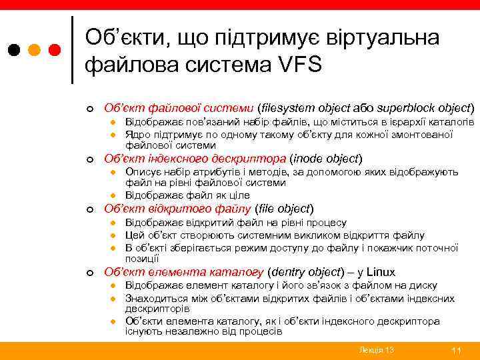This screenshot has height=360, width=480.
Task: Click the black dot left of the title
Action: click(x=13, y=50)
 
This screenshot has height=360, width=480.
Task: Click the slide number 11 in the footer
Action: click(x=457, y=350)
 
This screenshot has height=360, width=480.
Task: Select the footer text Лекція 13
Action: click(x=376, y=350)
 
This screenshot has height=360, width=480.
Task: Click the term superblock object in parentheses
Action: click(x=424, y=107)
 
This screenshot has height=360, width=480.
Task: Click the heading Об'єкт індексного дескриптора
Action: click(x=193, y=159)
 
